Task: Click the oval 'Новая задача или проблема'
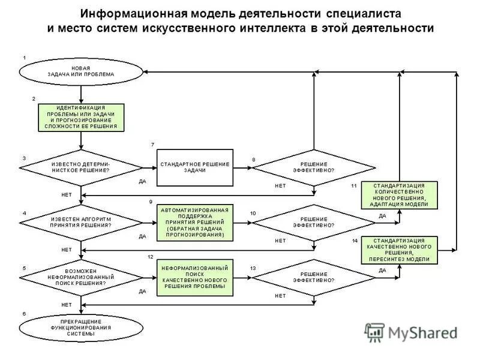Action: pos(81,72)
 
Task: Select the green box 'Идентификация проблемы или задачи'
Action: pos(82,117)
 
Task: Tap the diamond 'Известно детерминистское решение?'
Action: pos(82,167)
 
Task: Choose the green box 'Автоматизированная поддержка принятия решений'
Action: pos(195,223)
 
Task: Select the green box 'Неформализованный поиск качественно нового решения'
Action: pos(195,277)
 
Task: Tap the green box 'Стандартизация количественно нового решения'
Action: pos(400,194)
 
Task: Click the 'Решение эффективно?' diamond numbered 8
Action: pos(314,167)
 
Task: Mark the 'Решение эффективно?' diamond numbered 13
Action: pos(314,277)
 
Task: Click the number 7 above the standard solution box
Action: pos(152,145)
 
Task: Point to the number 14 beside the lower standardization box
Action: pos(355,241)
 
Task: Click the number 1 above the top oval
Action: pos(24,57)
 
